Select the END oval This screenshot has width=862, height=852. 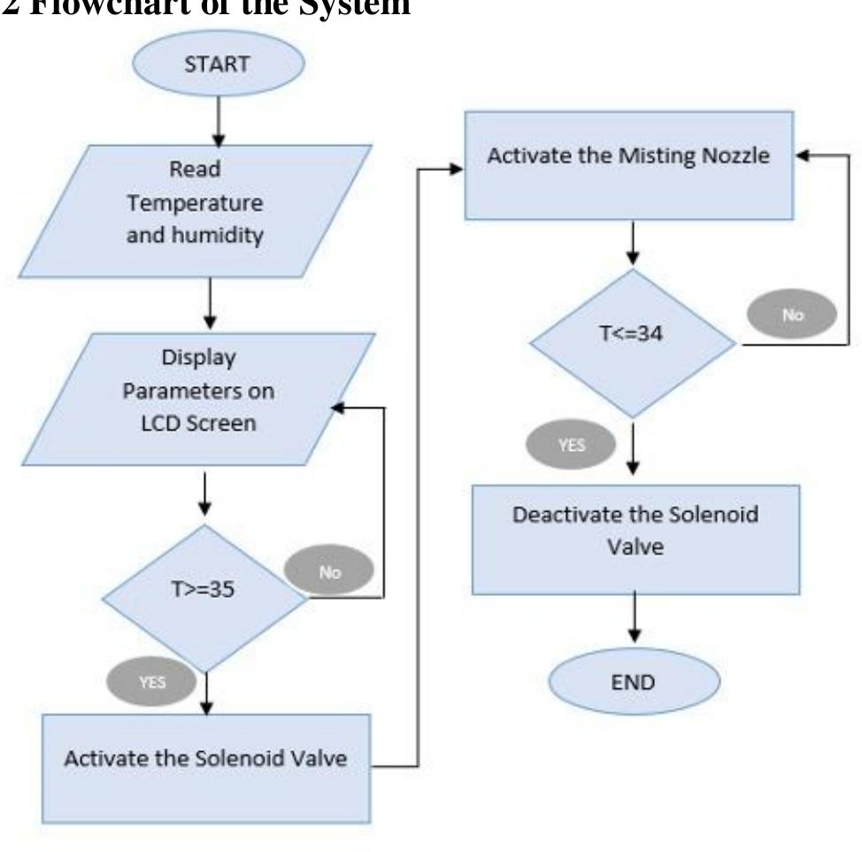click(635, 681)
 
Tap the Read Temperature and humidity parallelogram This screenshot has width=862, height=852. click(195, 204)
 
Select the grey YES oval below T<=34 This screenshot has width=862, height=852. click(573, 445)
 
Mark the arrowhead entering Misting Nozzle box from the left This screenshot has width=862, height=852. click(456, 167)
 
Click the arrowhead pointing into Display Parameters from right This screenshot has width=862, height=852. click(335, 408)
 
